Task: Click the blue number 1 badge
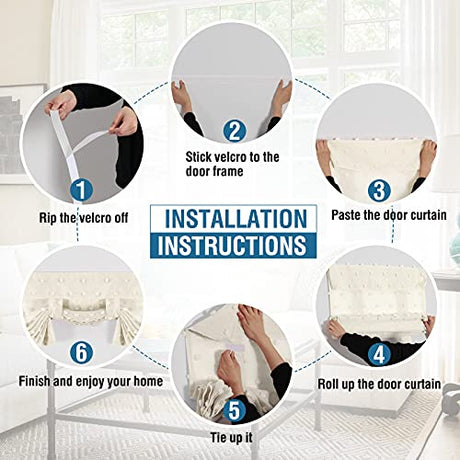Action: pyautogui.click(x=81, y=190)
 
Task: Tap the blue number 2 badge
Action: pyautogui.click(x=234, y=131)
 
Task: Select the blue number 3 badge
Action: pyautogui.click(x=379, y=191)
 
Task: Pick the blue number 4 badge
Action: pyautogui.click(x=379, y=354)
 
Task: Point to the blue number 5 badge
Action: pyautogui.click(x=234, y=410)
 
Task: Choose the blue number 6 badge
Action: pyautogui.click(x=81, y=352)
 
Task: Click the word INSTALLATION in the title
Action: pyautogui.click(x=236, y=219)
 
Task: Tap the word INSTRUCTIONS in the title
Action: pyautogui.click(x=232, y=245)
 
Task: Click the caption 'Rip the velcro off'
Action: pyautogui.click(x=84, y=218)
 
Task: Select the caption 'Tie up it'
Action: pyautogui.click(x=231, y=437)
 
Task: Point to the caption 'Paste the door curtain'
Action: pyautogui.click(x=389, y=215)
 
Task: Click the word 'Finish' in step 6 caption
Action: pyautogui.click(x=34, y=381)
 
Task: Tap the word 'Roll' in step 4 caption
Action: pyautogui.click(x=329, y=384)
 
